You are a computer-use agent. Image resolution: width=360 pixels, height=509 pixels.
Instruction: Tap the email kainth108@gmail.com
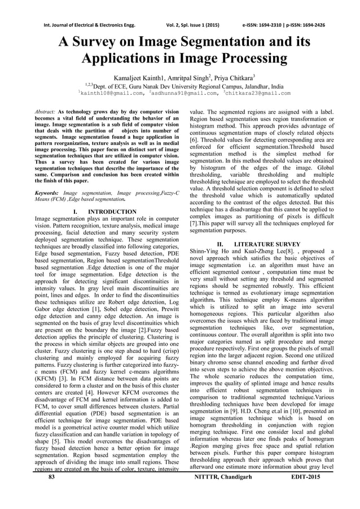click(111, 93)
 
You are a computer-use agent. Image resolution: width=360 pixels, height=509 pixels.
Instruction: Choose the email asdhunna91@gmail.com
click(180, 93)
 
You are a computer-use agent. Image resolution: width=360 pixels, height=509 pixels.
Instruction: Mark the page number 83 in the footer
click(52, 477)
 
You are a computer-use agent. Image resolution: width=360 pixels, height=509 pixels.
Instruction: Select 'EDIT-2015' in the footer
click(305, 477)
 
